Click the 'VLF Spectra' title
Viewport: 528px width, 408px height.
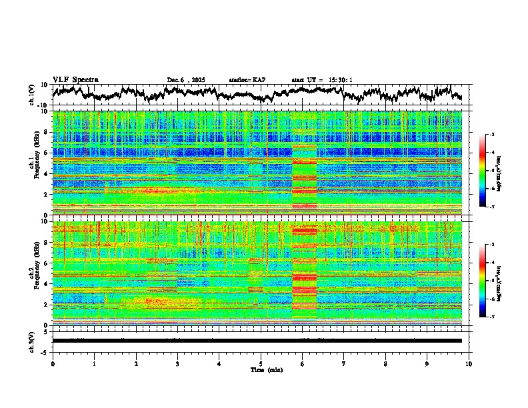[x=75, y=80]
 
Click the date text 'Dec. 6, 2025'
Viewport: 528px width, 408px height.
[x=186, y=80]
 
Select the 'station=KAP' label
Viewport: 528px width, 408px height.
[x=247, y=80]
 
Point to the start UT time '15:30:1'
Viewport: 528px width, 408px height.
[x=340, y=80]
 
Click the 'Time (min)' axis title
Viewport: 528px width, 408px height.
[x=265, y=369]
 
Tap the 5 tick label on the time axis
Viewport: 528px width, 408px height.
[x=261, y=363]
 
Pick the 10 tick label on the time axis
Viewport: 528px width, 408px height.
[x=469, y=363]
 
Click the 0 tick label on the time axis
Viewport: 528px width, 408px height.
[x=53, y=363]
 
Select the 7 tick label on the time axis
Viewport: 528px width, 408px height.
[x=344, y=363]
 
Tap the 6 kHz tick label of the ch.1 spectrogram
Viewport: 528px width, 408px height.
[x=46, y=153]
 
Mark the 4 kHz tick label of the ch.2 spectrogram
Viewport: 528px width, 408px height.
[x=46, y=284]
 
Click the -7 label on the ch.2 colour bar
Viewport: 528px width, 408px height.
[x=491, y=317]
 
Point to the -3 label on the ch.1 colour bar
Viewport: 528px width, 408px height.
[x=491, y=135]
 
